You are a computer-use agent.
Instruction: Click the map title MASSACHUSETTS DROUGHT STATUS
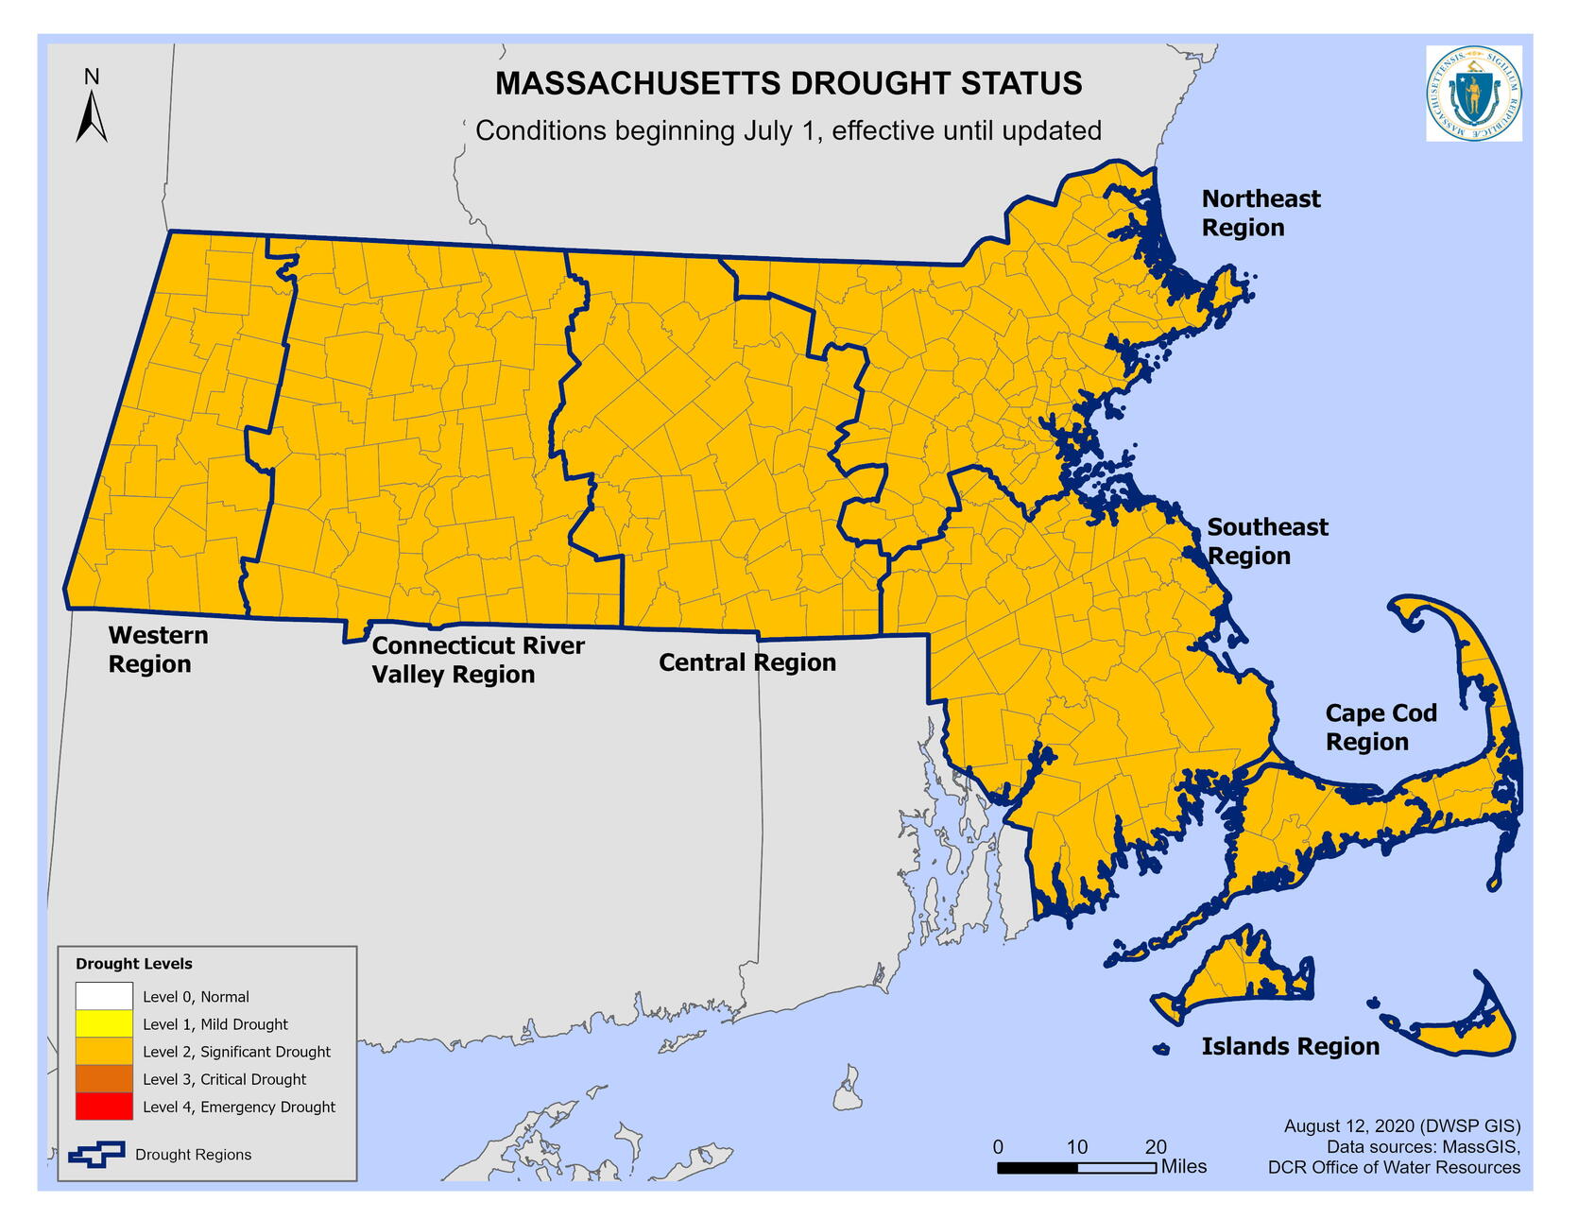click(x=788, y=84)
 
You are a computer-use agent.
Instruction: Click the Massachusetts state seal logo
click(x=1473, y=94)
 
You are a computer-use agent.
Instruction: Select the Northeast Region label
click(x=1260, y=213)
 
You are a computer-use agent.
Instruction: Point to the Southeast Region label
click(x=1266, y=541)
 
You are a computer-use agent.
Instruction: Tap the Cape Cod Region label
click(x=1380, y=727)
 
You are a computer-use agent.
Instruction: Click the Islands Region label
click(x=1290, y=1046)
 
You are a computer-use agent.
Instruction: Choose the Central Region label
click(x=746, y=662)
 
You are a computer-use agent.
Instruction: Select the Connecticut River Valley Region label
click(x=477, y=660)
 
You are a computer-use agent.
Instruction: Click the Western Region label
click(x=158, y=649)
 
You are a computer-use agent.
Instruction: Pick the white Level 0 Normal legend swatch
click(x=104, y=996)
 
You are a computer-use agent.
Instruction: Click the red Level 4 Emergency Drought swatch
click(x=104, y=1107)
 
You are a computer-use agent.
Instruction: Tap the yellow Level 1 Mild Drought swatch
click(x=104, y=1023)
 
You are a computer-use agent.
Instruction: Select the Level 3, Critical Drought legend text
click(x=224, y=1079)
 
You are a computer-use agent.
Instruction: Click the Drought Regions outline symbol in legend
click(x=96, y=1154)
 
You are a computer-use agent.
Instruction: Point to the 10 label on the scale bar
click(x=1077, y=1147)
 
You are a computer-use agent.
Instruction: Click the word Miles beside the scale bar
click(x=1184, y=1167)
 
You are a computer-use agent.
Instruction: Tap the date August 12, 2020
click(x=1348, y=1126)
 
